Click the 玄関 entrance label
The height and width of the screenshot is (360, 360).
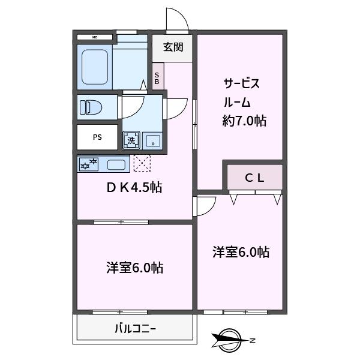tap(173, 47)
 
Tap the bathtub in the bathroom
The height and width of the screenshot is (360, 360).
tap(95, 67)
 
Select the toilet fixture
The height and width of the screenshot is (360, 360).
tap(91, 107)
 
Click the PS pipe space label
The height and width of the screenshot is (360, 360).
tap(97, 137)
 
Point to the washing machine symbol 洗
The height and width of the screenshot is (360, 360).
tap(131, 140)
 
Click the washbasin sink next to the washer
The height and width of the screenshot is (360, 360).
tap(152, 140)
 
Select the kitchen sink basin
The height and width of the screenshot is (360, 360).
tap(116, 164)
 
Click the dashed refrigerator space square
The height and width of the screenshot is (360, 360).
tap(142, 163)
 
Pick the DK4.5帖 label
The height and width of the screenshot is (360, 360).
tap(134, 188)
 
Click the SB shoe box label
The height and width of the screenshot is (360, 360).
tap(157, 78)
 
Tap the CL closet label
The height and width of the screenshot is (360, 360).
tap(254, 178)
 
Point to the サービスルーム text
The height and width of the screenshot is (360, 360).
tap(242, 93)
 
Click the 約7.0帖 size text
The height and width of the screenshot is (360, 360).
tap(244, 121)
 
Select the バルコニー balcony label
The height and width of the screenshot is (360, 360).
tap(135, 329)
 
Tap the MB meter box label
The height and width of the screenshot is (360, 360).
tap(95, 37)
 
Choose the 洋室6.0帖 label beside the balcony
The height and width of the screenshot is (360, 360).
tap(135, 268)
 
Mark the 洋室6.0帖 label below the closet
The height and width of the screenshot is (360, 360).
tap(241, 252)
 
